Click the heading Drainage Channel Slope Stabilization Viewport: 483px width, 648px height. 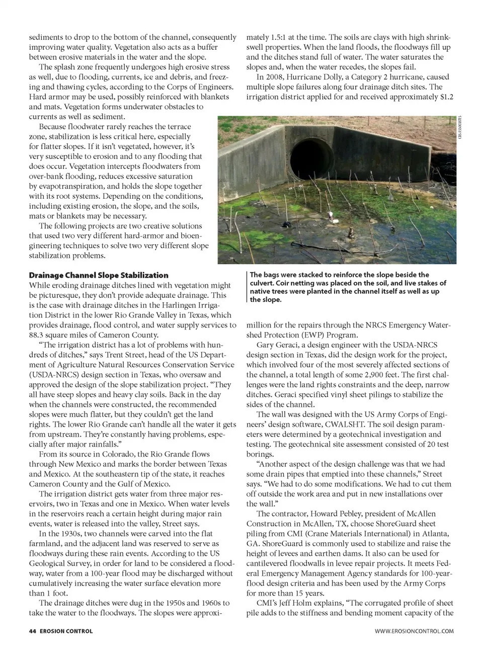(99, 275)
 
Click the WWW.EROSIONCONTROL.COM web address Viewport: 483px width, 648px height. (414, 631)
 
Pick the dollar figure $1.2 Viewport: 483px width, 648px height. (444, 97)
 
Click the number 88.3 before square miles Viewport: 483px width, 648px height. (38, 335)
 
